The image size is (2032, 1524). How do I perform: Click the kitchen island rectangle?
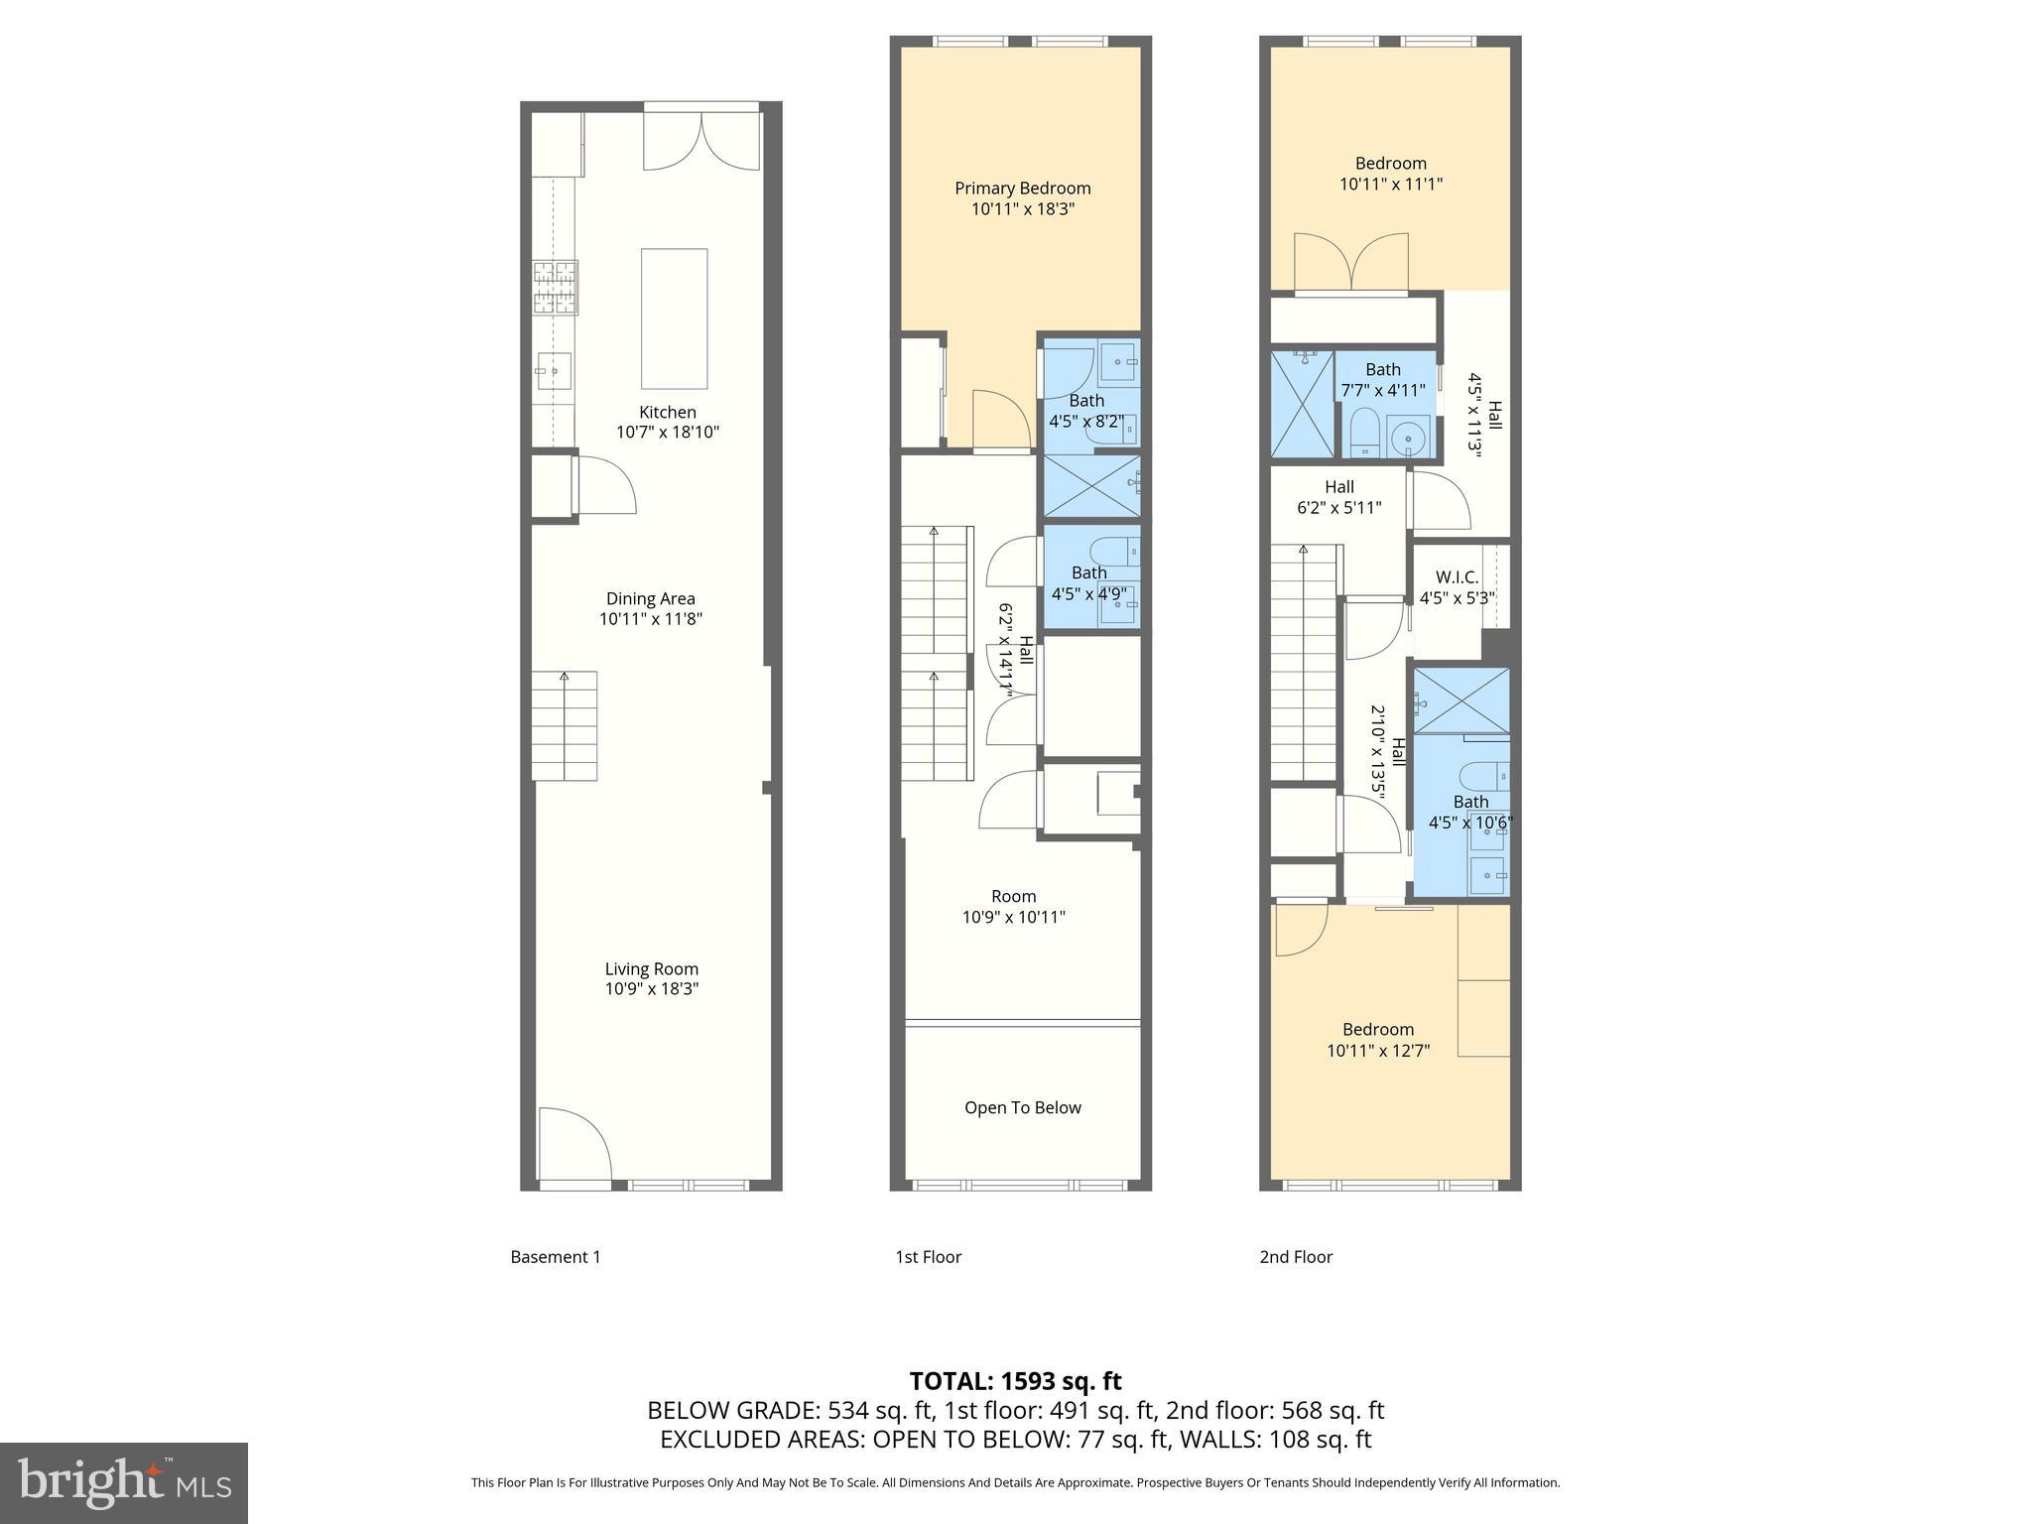click(x=674, y=318)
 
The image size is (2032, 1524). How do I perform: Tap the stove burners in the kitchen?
click(x=556, y=288)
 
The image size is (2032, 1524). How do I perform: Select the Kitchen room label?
click(x=667, y=412)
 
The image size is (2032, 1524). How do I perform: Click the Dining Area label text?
click(x=650, y=598)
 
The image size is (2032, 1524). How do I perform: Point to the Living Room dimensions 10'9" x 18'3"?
click(x=652, y=989)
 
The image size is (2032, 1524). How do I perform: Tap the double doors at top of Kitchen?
click(x=701, y=141)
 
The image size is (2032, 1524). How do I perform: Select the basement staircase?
click(x=564, y=726)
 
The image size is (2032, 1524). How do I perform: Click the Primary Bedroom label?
click(x=1022, y=189)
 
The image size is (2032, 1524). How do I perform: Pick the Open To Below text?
click(x=1022, y=1107)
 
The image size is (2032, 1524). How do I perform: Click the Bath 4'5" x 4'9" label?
click(x=1088, y=583)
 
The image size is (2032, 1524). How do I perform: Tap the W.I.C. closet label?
click(x=1457, y=577)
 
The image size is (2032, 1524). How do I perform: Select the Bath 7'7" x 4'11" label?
click(x=1383, y=380)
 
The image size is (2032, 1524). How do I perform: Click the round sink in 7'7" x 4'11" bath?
click(x=1406, y=438)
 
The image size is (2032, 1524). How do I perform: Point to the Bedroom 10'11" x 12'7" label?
click(x=1378, y=1040)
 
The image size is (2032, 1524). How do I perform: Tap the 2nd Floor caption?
click(x=1296, y=1257)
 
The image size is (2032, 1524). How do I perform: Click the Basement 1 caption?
click(x=555, y=1257)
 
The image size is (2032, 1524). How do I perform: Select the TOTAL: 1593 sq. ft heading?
click(x=1015, y=1381)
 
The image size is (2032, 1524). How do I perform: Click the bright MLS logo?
click(x=123, y=1482)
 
